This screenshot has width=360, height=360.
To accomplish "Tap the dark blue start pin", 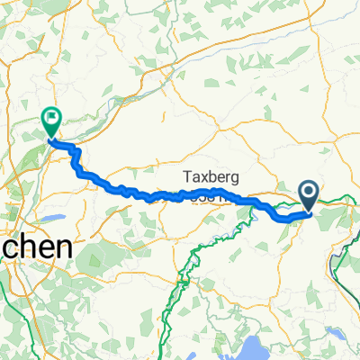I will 308,193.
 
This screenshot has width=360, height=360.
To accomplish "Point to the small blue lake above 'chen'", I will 50,219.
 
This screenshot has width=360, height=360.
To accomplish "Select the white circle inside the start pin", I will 308,191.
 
